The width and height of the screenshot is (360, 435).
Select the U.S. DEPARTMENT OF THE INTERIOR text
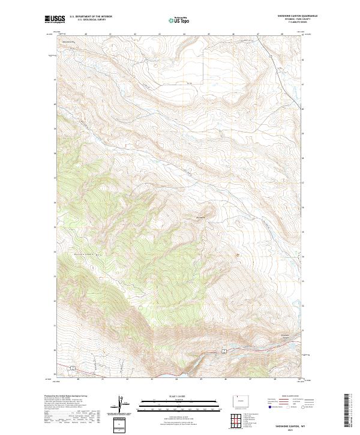tap(91, 17)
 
